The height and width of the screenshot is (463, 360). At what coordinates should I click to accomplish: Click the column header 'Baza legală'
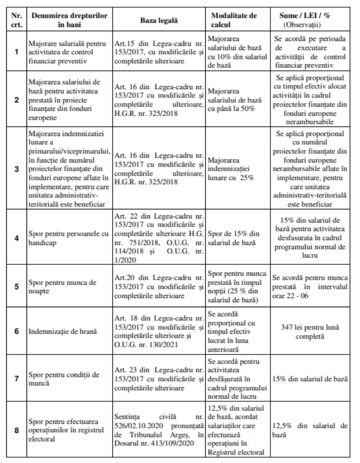pos(159,20)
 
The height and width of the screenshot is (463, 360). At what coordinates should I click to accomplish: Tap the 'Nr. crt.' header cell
pos(16,20)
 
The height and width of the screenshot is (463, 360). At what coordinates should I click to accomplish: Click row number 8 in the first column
pos(16,430)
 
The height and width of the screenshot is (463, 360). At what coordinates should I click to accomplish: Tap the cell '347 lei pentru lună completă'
pos(310,331)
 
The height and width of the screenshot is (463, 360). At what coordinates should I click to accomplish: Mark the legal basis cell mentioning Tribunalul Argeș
pos(159,430)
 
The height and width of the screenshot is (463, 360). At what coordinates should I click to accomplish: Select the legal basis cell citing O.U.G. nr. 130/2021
pos(159,331)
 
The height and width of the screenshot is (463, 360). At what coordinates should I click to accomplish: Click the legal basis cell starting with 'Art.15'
pos(159,52)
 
